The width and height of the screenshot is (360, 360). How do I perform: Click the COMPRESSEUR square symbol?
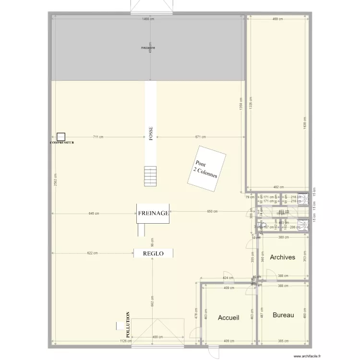tap(60, 137)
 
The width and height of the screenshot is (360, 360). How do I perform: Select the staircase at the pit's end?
tap(151, 176)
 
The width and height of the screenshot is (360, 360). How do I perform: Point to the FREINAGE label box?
tap(153, 214)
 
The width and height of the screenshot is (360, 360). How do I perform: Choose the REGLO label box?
tap(153, 253)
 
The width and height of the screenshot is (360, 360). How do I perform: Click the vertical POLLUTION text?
tap(128, 324)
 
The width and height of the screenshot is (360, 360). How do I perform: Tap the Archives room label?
tap(282, 257)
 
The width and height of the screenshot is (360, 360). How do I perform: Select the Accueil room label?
tap(228, 318)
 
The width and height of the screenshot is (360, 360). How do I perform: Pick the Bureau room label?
tap(283, 315)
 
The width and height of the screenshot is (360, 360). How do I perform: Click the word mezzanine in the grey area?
tap(148, 48)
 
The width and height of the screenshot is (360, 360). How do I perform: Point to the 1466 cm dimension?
tap(148, 19)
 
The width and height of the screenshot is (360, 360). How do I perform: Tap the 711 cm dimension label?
tap(98, 137)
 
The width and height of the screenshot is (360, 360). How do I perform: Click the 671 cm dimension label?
tap(201, 137)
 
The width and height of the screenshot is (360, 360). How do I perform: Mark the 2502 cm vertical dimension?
tap(55, 183)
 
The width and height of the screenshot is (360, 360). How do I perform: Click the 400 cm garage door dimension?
tap(157, 337)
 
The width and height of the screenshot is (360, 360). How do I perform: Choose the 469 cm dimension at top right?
tap(277, 19)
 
